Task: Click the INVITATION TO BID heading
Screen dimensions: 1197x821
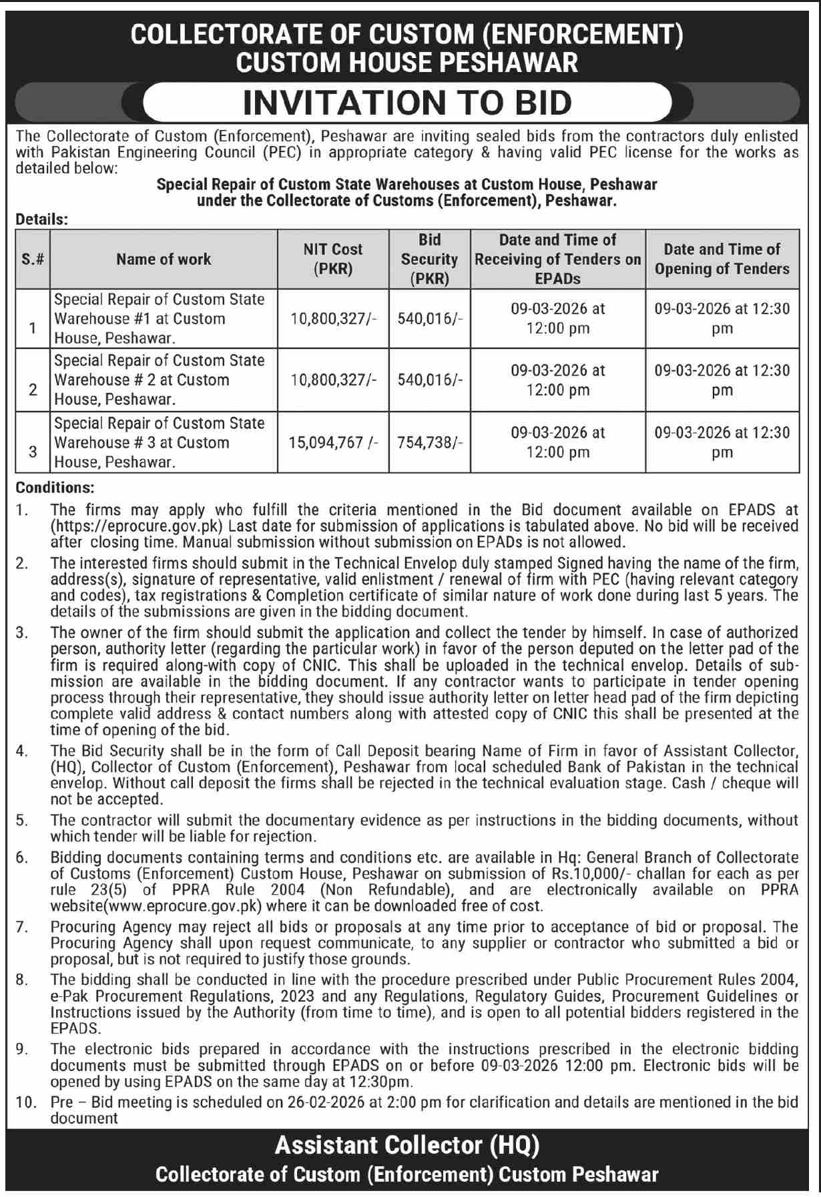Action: point(407,103)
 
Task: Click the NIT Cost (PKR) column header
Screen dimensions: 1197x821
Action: point(332,259)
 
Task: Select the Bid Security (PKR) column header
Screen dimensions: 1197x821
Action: point(429,259)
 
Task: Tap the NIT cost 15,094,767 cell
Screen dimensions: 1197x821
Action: point(332,442)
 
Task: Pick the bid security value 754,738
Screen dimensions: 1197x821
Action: point(429,442)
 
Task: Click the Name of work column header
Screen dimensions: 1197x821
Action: point(164,259)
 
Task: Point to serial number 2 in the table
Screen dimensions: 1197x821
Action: point(33,390)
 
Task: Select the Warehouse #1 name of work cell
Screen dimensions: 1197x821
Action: point(160,318)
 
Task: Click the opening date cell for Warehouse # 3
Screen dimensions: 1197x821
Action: point(722,442)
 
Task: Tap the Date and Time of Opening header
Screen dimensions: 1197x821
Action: point(722,259)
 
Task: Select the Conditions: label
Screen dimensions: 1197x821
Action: point(55,488)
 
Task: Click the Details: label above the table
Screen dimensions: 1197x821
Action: point(42,219)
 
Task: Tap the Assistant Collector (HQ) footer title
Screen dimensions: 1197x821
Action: point(407,1146)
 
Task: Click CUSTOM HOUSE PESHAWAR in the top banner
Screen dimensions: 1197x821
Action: point(407,63)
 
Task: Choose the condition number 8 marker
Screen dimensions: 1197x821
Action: point(22,980)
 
